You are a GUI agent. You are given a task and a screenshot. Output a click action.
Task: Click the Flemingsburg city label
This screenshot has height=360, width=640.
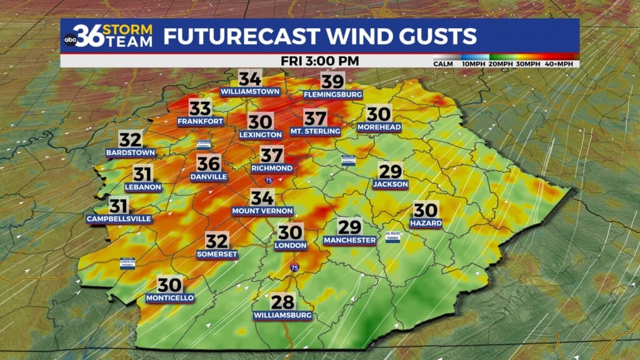(x=333, y=94)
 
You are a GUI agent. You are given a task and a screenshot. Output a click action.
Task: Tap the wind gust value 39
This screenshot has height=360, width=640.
(x=333, y=81)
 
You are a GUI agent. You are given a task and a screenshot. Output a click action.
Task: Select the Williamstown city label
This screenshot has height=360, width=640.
(x=249, y=92)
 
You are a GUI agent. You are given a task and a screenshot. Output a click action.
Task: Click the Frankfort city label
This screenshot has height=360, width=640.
(x=200, y=121)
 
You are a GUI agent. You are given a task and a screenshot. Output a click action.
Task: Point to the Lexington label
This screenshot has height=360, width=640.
(x=261, y=134)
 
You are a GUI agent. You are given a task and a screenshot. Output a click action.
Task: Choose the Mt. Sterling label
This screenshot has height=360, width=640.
(x=315, y=131)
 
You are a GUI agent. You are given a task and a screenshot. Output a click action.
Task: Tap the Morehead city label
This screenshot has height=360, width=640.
(x=379, y=127)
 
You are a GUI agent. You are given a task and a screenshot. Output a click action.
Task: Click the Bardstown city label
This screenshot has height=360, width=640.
(x=131, y=152)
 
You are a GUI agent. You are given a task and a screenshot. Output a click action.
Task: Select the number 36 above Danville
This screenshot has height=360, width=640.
(x=209, y=164)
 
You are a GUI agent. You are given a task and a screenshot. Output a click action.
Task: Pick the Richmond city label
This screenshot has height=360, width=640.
(x=272, y=168)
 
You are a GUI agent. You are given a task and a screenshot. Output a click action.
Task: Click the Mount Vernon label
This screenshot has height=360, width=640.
(x=262, y=211)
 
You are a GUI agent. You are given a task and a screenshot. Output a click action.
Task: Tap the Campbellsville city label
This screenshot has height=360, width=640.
(x=119, y=219)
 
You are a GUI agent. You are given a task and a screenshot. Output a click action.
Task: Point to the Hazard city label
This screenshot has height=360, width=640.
(x=426, y=223)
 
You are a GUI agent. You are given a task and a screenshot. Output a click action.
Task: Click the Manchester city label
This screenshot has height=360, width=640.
(x=350, y=240)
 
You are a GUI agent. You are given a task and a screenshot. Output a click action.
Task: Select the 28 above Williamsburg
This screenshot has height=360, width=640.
(x=282, y=301)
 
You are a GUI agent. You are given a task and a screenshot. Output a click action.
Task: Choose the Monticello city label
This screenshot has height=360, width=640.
(x=169, y=297)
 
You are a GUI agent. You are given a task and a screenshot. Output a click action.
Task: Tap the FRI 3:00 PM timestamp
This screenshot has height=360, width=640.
(x=319, y=61)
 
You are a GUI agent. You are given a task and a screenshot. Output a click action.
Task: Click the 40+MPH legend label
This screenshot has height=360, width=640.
(x=564, y=64)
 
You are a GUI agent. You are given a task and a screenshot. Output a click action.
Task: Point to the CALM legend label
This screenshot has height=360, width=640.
(x=443, y=64)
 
